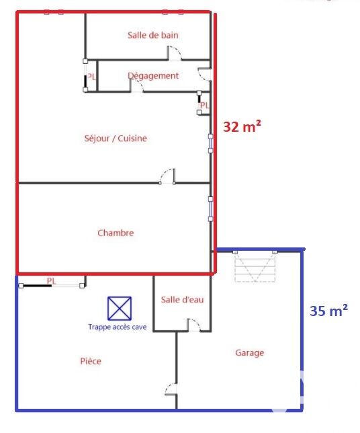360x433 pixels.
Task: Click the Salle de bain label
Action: [153, 35]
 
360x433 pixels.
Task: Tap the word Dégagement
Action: [153, 76]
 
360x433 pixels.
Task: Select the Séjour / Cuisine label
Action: [116, 138]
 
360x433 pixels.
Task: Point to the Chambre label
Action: [116, 233]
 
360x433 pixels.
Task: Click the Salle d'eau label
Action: [182, 300]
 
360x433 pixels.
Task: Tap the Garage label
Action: [249, 352]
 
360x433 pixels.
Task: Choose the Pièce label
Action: [91, 361]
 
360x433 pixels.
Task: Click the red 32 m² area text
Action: [242, 126]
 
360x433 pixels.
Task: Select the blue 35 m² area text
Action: [328, 311]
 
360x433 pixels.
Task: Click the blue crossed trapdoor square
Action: [120, 309]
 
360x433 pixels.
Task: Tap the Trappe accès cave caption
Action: [118, 327]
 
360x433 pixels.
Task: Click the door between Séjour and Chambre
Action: [168, 176]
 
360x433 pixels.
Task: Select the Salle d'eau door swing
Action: [193, 325]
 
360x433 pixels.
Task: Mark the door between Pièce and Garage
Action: [171, 389]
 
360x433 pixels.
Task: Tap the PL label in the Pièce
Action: [51, 281]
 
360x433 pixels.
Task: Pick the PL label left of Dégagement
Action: [91, 77]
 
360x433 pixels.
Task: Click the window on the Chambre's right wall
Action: [210, 209]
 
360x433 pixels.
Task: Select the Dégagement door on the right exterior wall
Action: [205, 74]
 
